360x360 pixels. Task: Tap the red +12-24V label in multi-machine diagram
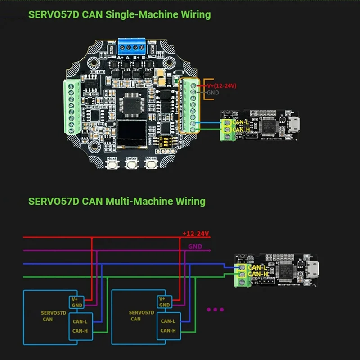[196, 234]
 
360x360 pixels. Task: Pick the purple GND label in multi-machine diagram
[195, 247]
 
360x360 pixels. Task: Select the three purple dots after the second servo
[215, 310]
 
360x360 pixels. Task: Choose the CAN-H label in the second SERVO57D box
[168, 331]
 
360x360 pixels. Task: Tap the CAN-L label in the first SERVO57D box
[80, 321]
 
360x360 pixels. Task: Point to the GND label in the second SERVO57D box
[165, 306]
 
